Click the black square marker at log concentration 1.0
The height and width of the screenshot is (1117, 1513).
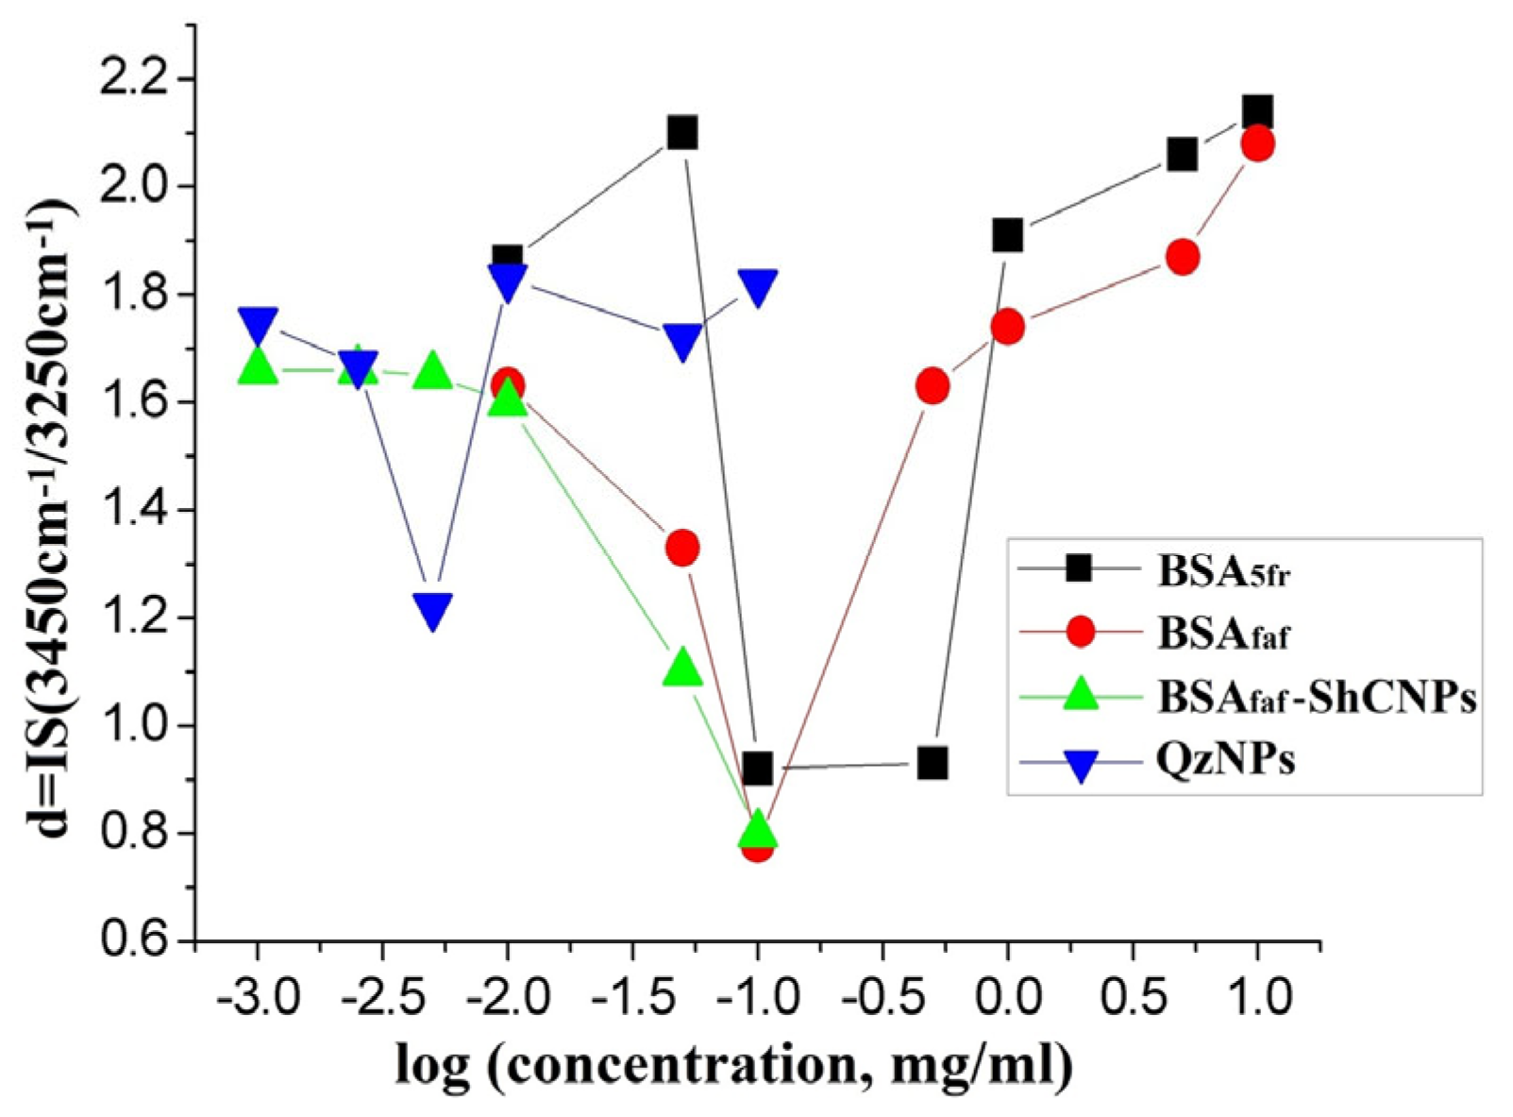click(x=1256, y=112)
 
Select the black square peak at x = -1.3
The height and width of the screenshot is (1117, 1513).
click(x=682, y=132)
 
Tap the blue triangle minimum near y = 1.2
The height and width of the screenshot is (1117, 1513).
click(x=432, y=611)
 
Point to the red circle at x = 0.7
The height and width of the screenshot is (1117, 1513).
click(x=1182, y=257)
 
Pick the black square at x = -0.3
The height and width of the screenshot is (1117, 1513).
click(x=933, y=763)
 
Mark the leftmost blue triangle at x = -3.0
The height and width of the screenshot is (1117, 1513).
click(x=258, y=324)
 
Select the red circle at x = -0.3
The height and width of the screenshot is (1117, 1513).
click(x=933, y=385)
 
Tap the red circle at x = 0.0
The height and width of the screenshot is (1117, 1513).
click(x=1007, y=327)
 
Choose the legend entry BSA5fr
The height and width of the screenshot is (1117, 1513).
click(x=1223, y=571)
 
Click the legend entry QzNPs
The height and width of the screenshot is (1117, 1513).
click(x=1225, y=760)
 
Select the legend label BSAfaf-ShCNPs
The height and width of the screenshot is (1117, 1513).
click(x=1316, y=698)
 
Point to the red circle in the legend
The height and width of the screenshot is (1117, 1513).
click(x=1081, y=633)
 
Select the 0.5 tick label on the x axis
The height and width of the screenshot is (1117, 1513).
click(x=1132, y=997)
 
